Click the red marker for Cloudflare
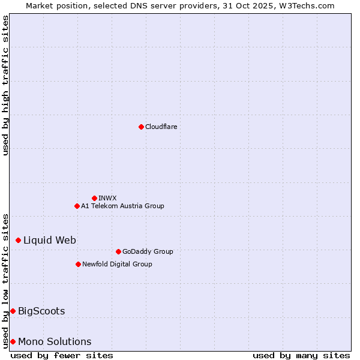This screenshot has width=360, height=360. [141, 127]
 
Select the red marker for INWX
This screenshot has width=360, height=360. [94, 198]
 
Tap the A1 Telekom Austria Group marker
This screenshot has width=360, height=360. [77, 206]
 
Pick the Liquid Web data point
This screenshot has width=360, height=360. [18, 240]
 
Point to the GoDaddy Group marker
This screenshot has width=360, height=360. [118, 251]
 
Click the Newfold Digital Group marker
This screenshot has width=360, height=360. [78, 264]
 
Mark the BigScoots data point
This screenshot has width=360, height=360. [13, 311]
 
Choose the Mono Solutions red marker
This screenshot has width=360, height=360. [13, 341]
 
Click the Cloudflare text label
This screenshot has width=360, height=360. [161, 127]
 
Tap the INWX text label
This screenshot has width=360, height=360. [107, 198]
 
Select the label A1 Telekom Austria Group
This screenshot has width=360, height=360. [122, 206]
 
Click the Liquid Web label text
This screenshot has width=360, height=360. [50, 240]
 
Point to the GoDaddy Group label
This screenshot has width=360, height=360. [148, 251]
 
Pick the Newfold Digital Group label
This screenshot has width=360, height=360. [117, 264]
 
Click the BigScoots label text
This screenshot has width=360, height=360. [41, 311]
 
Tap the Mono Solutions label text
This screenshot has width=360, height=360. [55, 341]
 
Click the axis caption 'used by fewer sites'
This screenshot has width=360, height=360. [62, 355]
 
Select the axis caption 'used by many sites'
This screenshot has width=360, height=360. [301, 355]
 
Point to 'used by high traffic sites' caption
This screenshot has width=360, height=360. [6, 85]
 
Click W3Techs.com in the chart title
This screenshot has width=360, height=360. [305, 5]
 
